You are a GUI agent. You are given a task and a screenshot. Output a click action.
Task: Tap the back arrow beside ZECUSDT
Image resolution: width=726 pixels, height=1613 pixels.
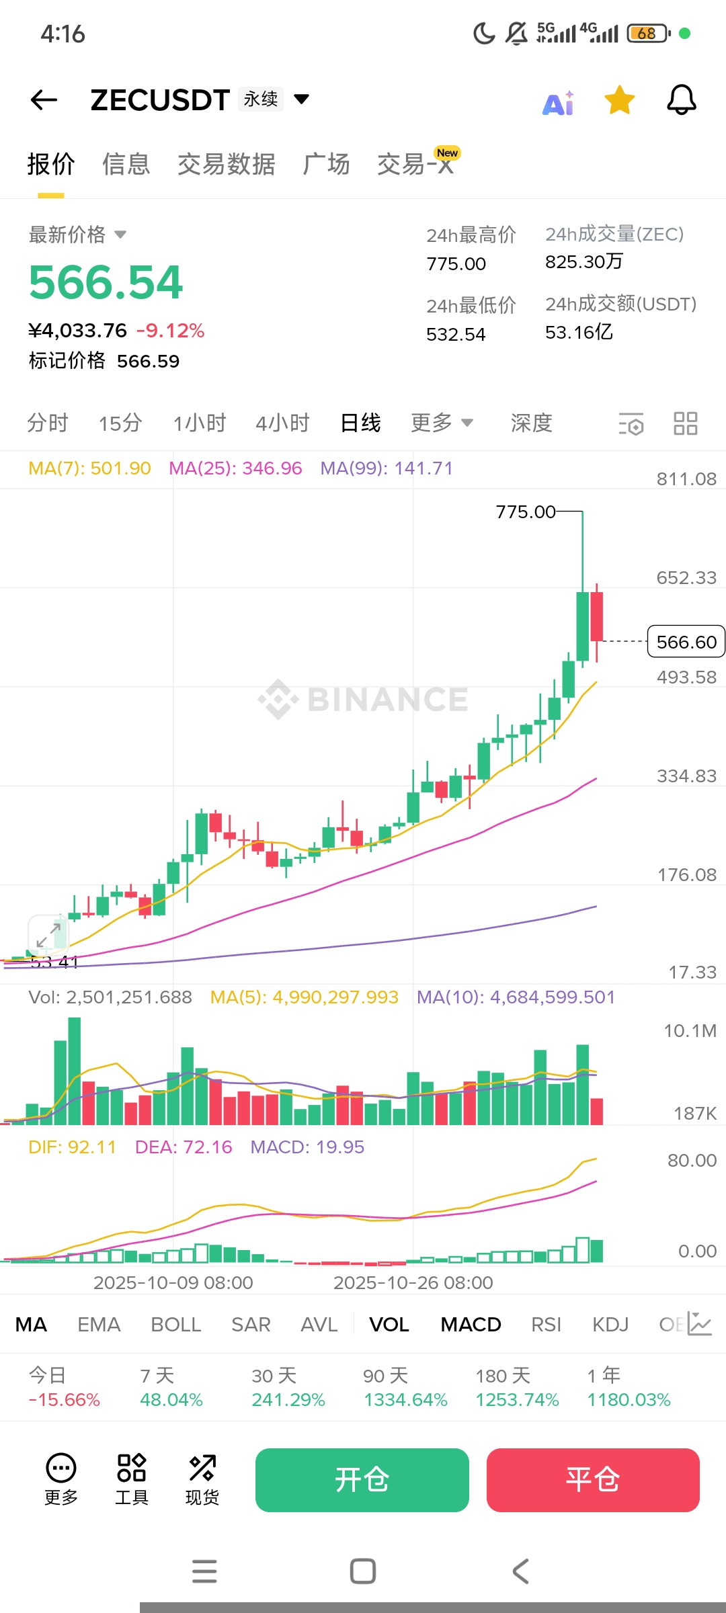click(x=44, y=100)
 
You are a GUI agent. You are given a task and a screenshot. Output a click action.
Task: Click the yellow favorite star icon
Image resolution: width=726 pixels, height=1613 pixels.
click(x=619, y=100)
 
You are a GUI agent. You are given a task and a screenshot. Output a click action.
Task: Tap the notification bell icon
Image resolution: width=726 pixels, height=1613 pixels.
click(x=681, y=100)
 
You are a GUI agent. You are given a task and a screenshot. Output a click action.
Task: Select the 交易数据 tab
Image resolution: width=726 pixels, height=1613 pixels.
click(x=227, y=164)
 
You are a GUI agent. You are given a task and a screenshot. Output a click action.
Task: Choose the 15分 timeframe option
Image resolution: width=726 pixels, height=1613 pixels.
click(x=120, y=423)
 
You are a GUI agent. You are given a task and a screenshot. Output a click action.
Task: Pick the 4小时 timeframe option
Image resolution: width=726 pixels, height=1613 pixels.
click(x=282, y=423)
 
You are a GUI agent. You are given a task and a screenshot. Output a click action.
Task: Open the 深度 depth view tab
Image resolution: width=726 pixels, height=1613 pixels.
click(x=531, y=423)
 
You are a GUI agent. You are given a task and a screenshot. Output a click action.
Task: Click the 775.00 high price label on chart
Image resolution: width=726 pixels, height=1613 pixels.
click(x=526, y=512)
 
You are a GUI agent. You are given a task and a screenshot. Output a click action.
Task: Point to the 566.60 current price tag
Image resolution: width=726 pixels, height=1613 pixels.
click(x=686, y=642)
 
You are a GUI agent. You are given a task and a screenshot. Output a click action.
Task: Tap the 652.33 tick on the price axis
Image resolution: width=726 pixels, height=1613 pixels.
click(x=686, y=578)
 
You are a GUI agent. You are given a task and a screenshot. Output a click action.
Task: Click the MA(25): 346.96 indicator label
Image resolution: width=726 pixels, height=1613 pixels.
click(x=235, y=468)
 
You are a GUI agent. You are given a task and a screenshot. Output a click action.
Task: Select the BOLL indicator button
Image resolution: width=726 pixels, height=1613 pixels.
click(x=176, y=1325)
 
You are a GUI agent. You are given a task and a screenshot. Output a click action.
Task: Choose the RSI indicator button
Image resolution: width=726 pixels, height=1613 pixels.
click(x=546, y=1325)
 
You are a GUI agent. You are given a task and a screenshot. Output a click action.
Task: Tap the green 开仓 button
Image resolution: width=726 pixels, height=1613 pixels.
click(x=362, y=1480)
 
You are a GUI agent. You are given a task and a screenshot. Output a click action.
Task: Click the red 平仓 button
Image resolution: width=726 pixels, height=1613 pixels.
click(x=593, y=1480)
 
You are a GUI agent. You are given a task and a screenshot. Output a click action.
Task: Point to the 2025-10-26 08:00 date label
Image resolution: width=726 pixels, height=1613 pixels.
click(x=413, y=1283)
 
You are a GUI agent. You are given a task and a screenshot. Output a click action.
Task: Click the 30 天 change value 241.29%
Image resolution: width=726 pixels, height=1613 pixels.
click(x=288, y=1400)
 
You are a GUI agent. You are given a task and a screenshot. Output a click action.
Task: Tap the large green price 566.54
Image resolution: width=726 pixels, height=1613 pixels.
click(x=106, y=282)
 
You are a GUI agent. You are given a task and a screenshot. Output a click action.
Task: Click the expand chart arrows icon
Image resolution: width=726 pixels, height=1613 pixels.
click(x=48, y=934)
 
